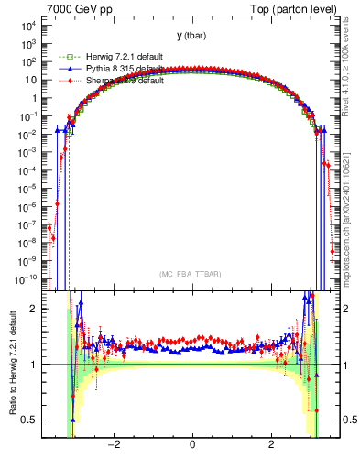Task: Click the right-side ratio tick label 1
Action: (348, 365)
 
